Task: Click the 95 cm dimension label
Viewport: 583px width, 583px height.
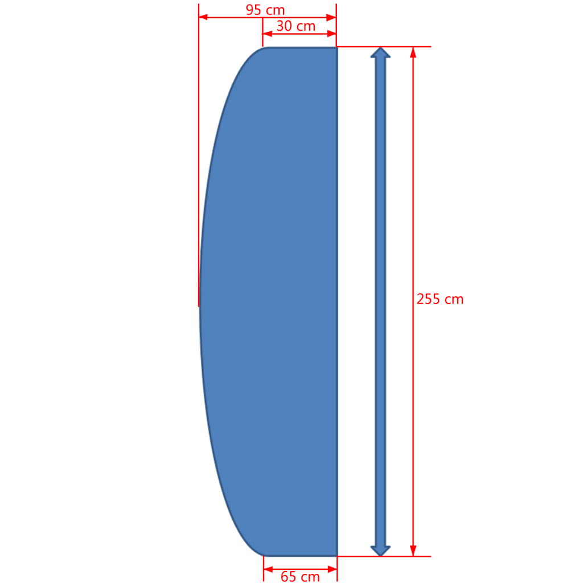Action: [x=265, y=10]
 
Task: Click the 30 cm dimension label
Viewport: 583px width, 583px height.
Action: [x=295, y=26]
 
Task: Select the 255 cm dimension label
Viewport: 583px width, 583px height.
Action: [x=440, y=299]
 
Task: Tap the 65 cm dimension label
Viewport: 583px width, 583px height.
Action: [x=300, y=576]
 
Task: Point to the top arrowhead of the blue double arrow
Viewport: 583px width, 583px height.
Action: [x=380, y=53]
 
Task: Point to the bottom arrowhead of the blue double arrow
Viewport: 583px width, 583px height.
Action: [x=380, y=550]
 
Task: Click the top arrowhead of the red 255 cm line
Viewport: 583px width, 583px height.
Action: [x=413, y=52]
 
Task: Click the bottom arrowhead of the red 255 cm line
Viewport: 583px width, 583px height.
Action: [x=413, y=551]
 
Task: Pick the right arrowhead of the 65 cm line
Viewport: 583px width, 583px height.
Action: [x=332, y=569]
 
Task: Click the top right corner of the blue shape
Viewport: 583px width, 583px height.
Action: [x=336, y=48]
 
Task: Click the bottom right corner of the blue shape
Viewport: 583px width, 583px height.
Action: [x=336, y=555]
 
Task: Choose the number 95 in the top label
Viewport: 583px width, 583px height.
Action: [x=254, y=10]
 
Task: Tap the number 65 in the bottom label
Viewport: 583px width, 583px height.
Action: [x=289, y=576]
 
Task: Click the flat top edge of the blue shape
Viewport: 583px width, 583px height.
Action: [x=302, y=48]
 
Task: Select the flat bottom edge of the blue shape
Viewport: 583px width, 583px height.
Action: [x=302, y=555]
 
